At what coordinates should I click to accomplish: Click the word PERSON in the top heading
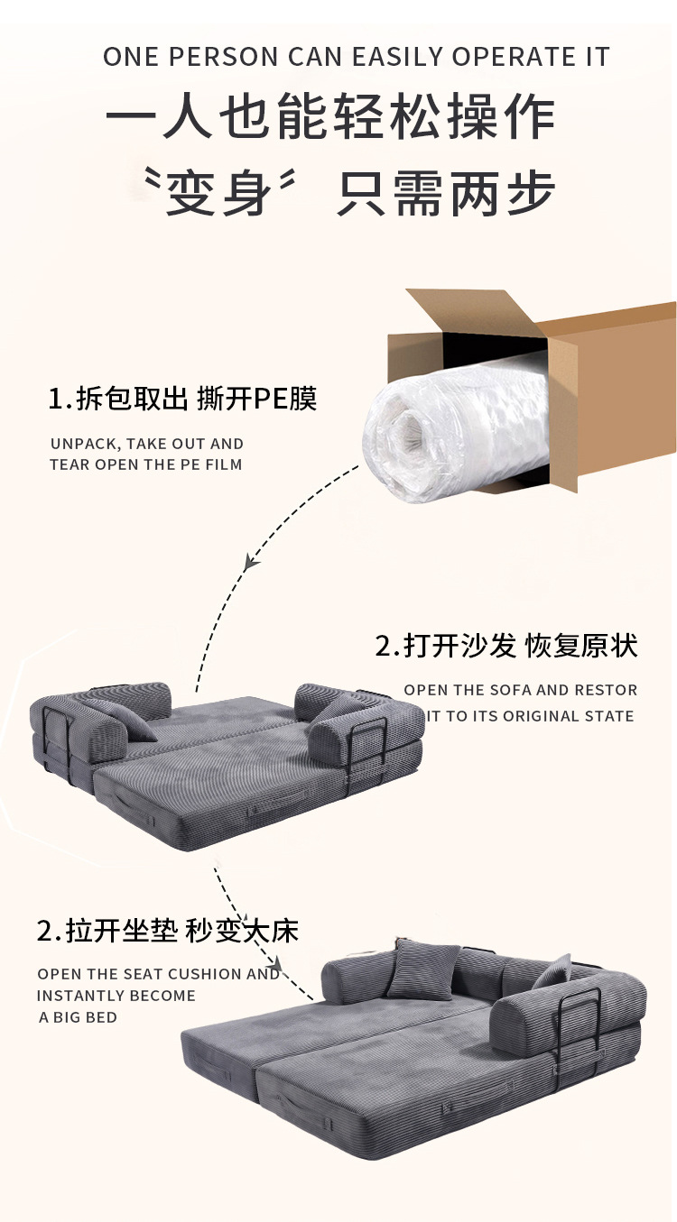[223, 57]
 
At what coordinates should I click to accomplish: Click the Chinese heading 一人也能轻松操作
[330, 116]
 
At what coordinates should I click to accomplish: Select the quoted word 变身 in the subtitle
[219, 193]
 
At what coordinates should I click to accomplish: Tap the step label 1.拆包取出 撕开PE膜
[182, 399]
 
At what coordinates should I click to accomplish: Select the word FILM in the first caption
[224, 464]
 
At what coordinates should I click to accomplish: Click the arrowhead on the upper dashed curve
[251, 561]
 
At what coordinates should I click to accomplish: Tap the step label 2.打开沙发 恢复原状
[506, 646]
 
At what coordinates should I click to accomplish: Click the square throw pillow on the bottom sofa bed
[428, 971]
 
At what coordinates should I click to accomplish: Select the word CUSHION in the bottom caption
[204, 974]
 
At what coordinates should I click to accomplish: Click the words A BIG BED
[78, 1017]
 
